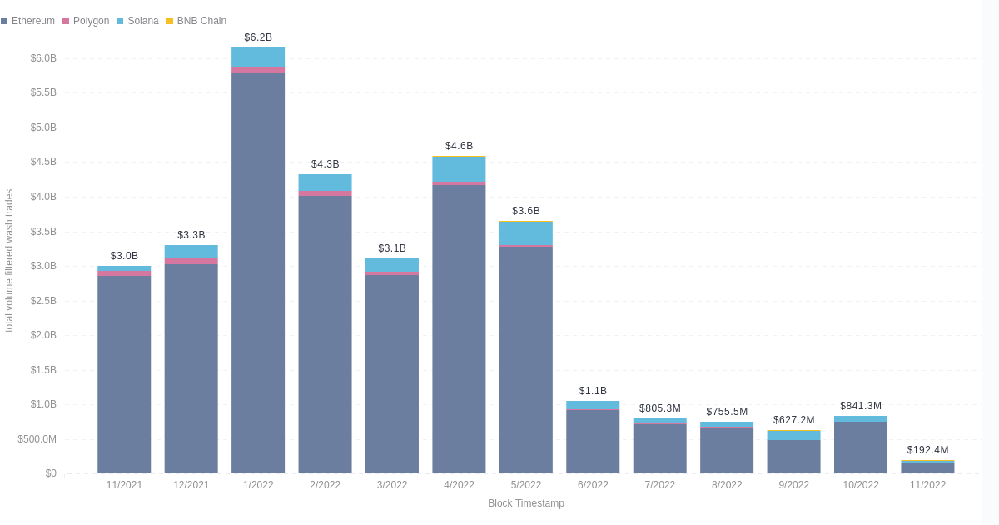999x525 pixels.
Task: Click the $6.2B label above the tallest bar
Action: tap(258, 37)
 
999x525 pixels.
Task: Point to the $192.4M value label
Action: tap(927, 450)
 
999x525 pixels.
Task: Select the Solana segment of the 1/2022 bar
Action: tap(258, 57)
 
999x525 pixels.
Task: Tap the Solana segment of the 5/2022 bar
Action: tap(526, 232)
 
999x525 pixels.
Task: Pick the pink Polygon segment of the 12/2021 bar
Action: tap(191, 261)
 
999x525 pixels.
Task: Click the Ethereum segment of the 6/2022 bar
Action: tap(593, 442)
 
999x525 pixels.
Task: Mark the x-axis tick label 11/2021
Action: tap(124, 485)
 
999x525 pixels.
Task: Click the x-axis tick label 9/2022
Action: tap(793, 485)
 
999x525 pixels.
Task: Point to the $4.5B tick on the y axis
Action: tap(43, 162)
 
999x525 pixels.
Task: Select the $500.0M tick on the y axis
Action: tap(37, 439)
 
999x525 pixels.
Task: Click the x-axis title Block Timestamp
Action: tap(525, 503)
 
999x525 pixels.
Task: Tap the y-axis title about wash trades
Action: tap(9, 260)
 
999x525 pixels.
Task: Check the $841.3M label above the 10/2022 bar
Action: tap(861, 406)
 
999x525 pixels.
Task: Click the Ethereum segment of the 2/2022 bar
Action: tap(325, 333)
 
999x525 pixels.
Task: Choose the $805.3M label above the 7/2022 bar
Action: tap(659, 408)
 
